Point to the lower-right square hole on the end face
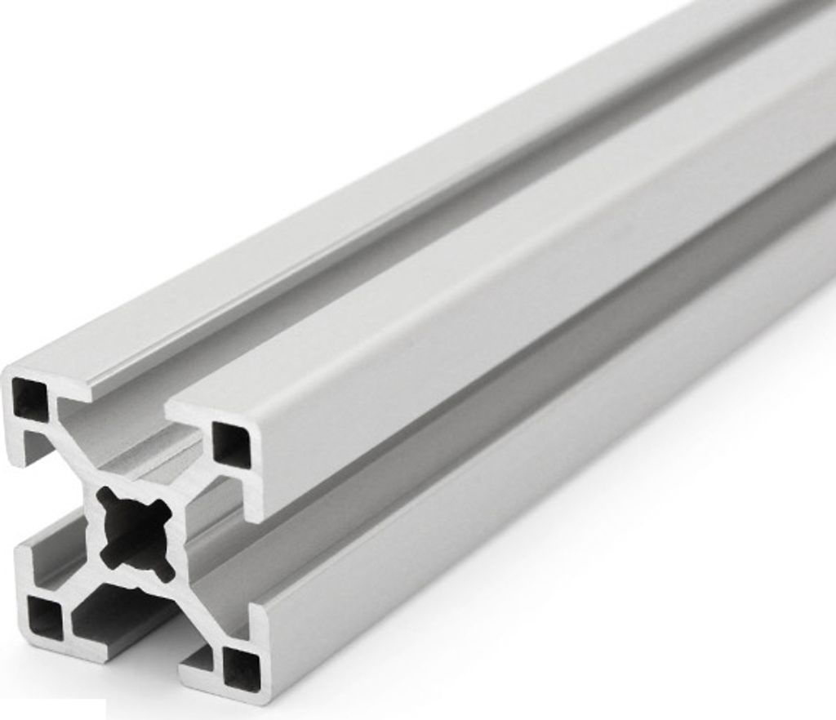[x=242, y=667]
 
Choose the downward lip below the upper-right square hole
[x=253, y=498]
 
